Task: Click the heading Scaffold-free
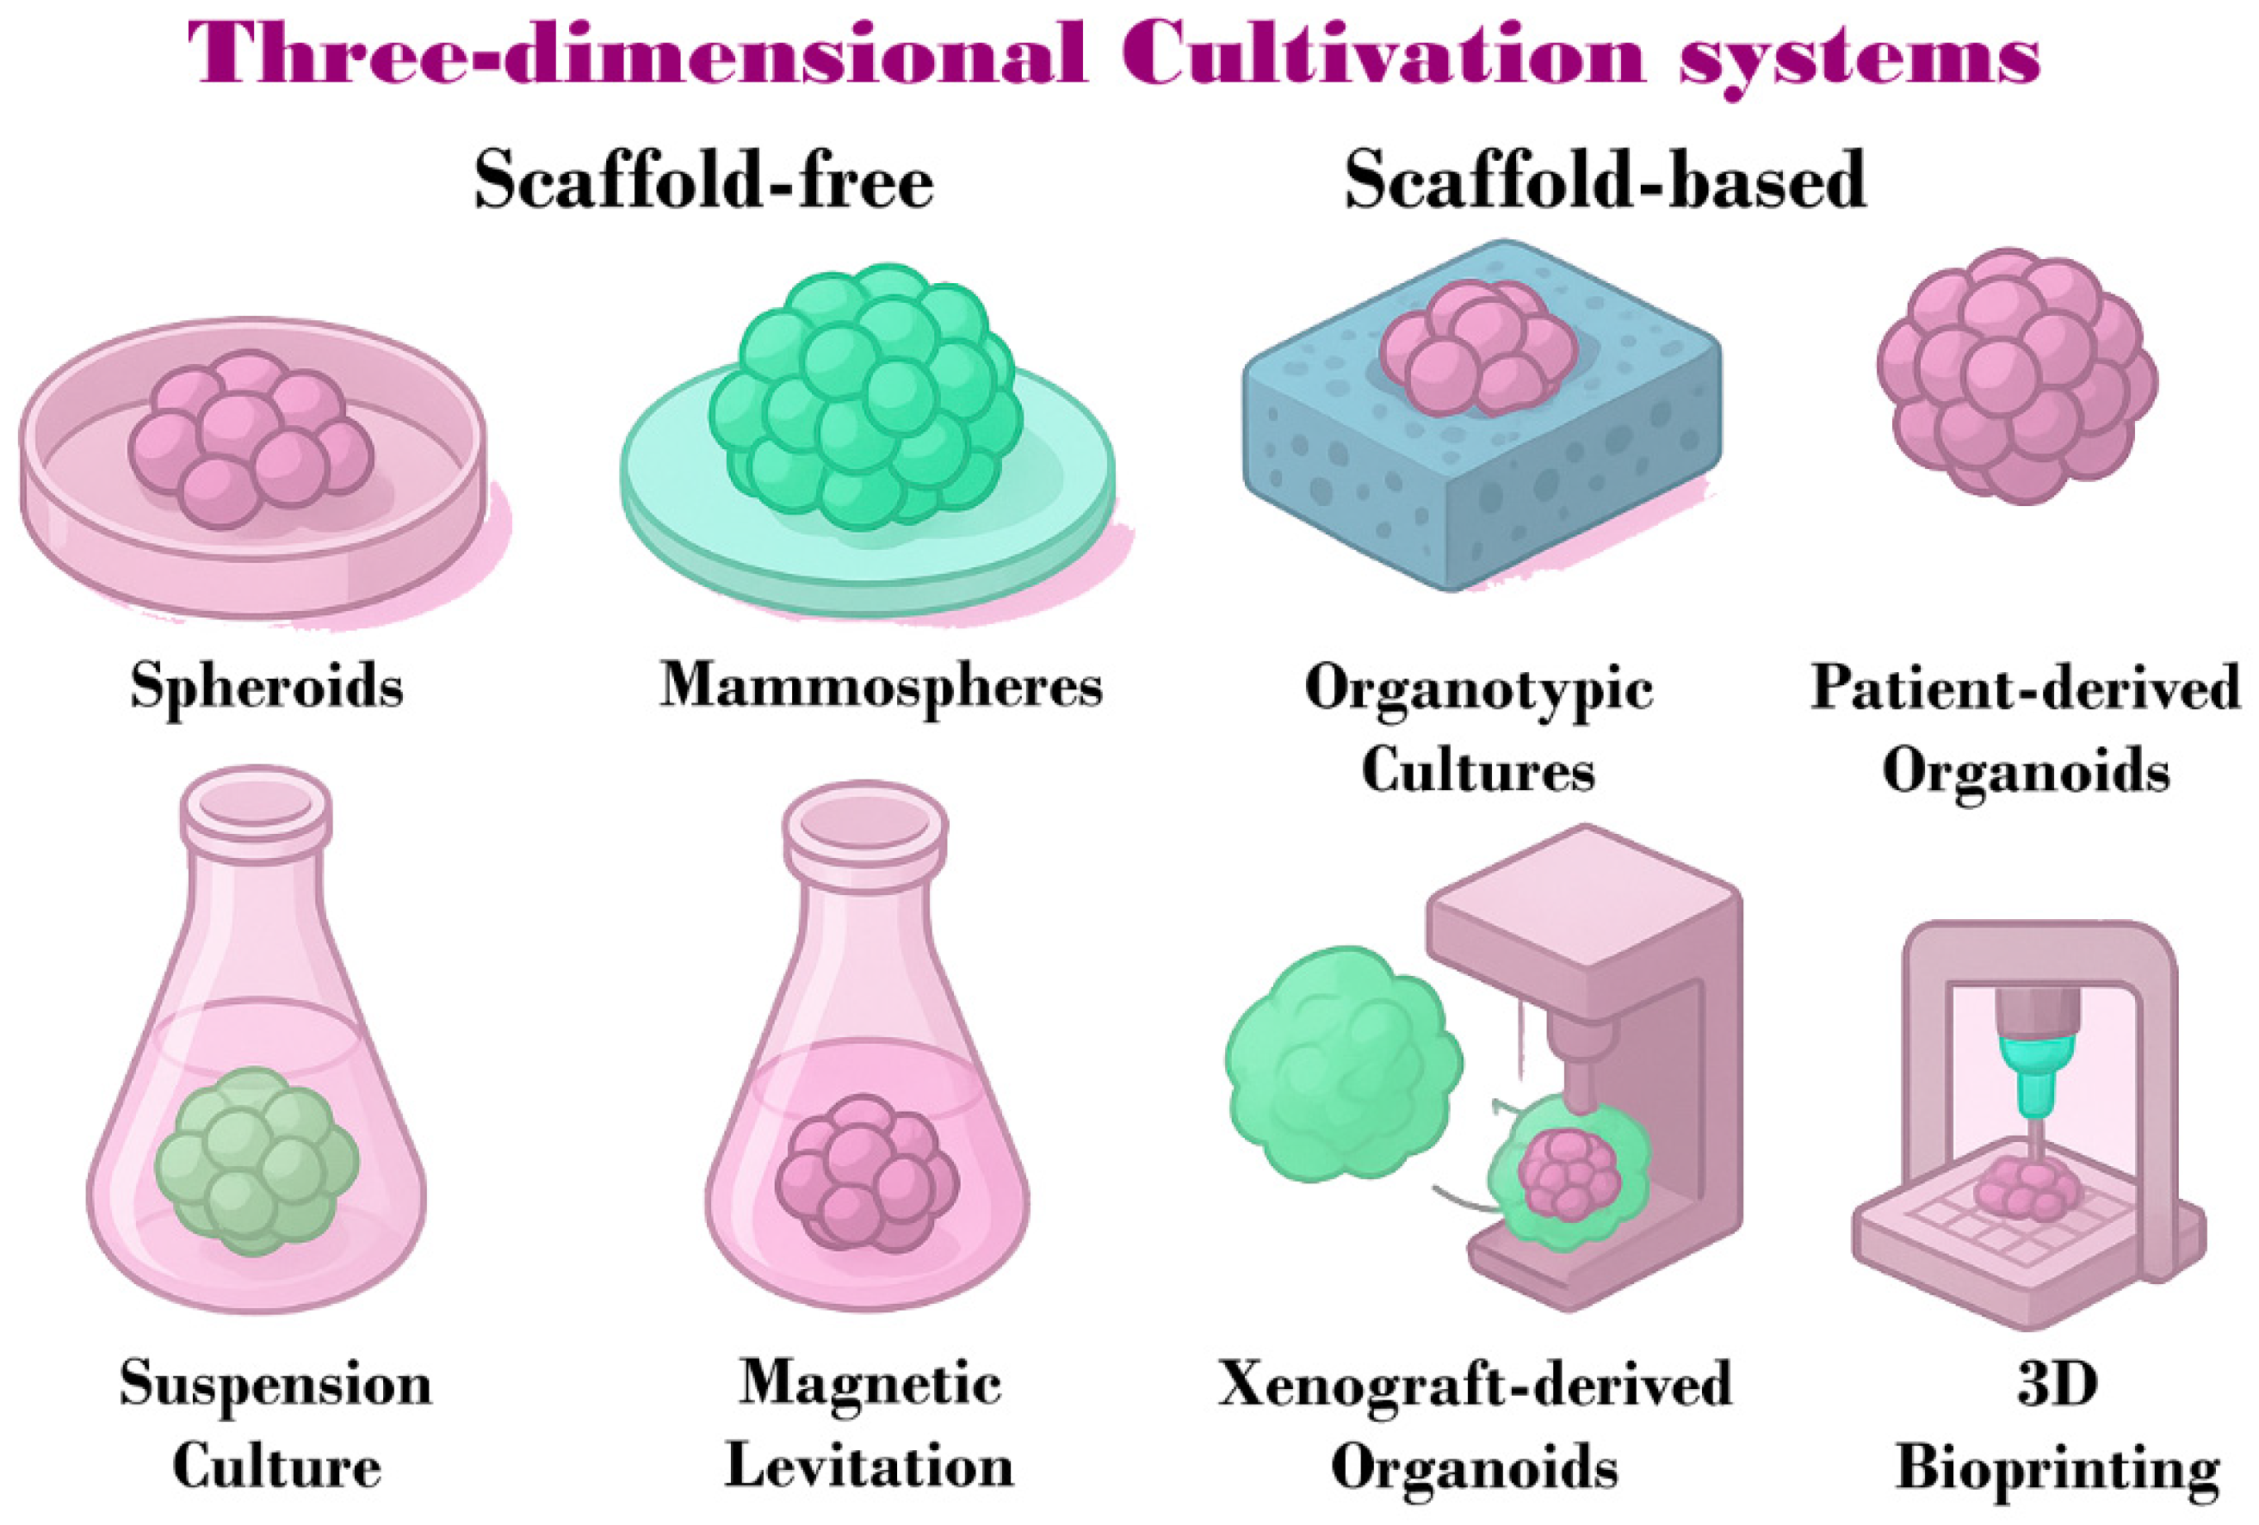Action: (x=703, y=181)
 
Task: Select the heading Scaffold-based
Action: (x=1605, y=181)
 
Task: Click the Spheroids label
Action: (x=266, y=686)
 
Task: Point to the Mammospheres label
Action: (x=881, y=686)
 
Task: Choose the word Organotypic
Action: (x=1478, y=688)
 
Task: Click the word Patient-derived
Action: (x=2025, y=688)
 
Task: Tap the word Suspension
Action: (x=275, y=1384)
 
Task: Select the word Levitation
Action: (x=869, y=1466)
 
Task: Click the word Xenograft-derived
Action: (x=1475, y=1384)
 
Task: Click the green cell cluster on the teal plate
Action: (x=865, y=398)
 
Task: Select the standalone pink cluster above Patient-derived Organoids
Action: (x=2018, y=375)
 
